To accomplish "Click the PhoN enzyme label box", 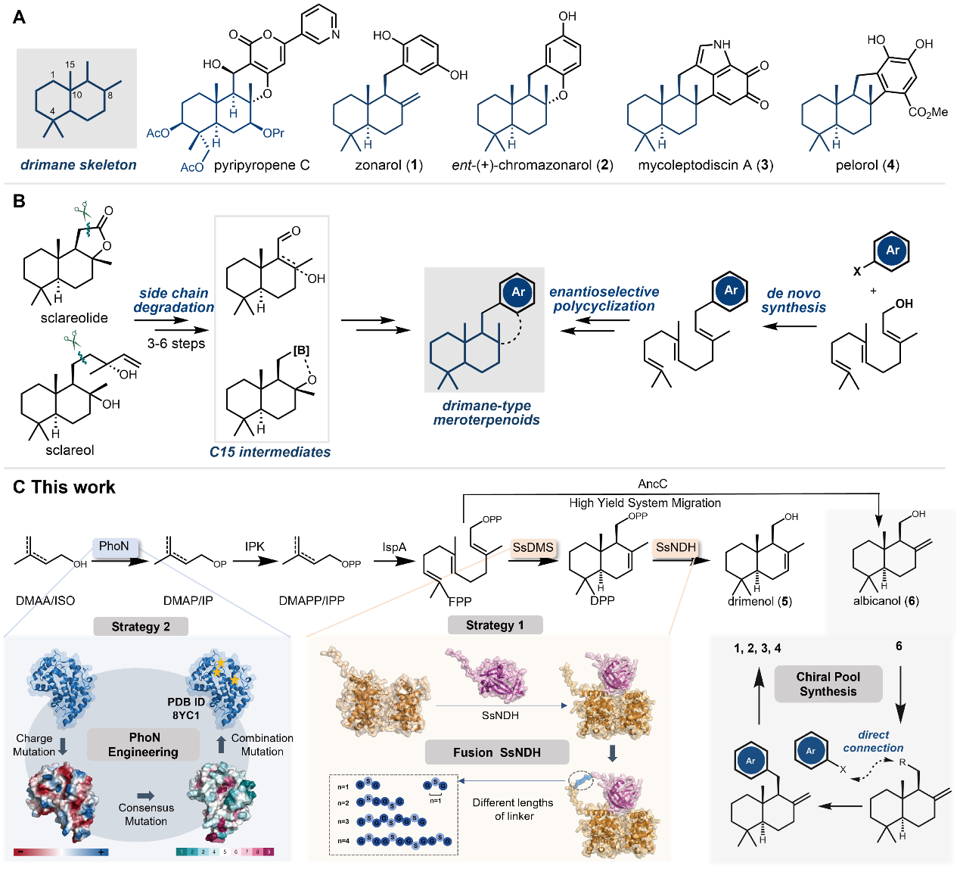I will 113,547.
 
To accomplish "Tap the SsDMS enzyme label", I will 533,547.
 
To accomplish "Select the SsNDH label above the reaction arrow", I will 676,547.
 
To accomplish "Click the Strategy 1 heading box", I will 495,625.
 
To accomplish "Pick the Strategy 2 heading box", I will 141,627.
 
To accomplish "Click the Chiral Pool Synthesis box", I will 828,684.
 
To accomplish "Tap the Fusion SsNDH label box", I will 497,752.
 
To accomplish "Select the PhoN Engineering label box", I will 144,745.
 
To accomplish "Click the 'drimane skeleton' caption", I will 79,165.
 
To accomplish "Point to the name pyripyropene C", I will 262,165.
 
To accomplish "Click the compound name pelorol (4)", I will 867,165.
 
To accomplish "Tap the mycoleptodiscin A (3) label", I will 705,165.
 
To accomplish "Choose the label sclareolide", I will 74,318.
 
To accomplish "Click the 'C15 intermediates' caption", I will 270,452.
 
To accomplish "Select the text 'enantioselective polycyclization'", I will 604,299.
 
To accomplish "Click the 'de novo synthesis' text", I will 793,301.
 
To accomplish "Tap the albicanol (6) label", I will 886,601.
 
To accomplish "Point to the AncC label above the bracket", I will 652,484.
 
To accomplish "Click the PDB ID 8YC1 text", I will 186,708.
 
